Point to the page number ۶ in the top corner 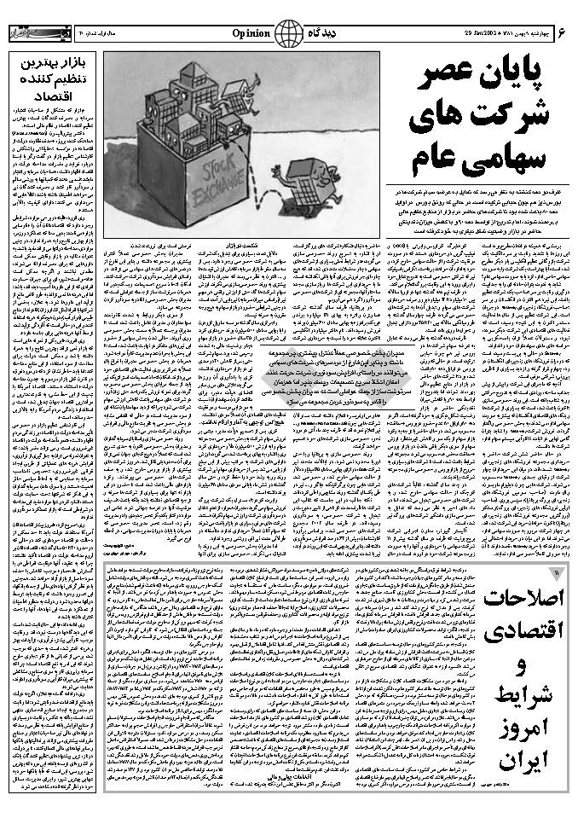563,33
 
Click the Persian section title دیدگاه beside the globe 328,33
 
